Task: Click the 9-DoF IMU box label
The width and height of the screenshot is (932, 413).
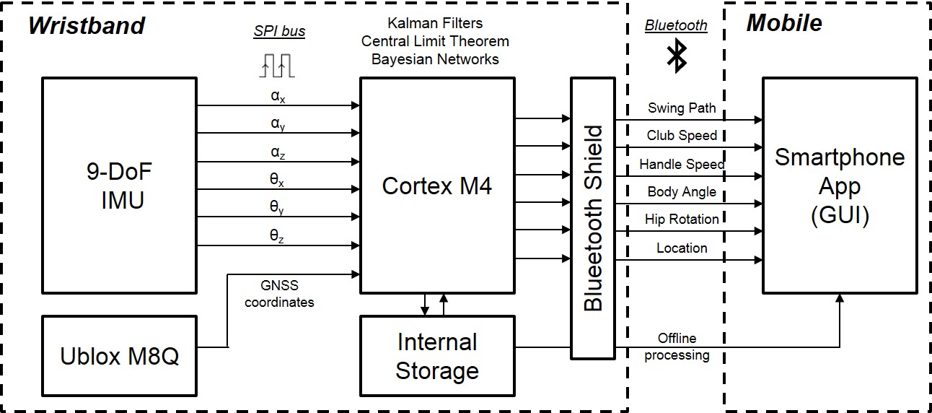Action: click(x=119, y=186)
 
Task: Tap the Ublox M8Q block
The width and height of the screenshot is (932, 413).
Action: click(x=119, y=356)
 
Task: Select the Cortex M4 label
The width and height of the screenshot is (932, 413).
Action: click(x=437, y=186)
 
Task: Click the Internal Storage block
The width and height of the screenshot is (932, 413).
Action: click(x=437, y=356)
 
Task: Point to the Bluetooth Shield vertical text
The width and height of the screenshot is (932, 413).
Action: click(x=593, y=218)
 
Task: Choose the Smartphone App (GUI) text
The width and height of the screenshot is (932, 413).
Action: click(x=840, y=186)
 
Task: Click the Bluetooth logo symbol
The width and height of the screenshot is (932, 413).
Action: click(x=676, y=56)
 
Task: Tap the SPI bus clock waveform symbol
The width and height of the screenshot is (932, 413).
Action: click(x=278, y=64)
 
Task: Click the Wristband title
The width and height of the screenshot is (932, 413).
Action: click(x=87, y=25)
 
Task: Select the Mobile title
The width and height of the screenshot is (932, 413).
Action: click(x=784, y=23)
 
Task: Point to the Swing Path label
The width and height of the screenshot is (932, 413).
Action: click(x=682, y=108)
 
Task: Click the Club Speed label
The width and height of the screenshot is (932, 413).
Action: click(x=682, y=136)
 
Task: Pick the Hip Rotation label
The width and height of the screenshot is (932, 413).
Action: click(x=682, y=219)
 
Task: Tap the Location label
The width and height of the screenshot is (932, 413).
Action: click(x=682, y=248)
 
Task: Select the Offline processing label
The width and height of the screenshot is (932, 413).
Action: click(x=677, y=347)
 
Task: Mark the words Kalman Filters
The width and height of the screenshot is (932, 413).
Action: click(x=435, y=24)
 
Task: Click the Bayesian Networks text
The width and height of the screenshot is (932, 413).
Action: click(x=435, y=59)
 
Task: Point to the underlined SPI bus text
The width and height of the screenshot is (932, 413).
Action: click(x=279, y=32)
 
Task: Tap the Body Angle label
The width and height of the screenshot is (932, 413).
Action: click(x=682, y=192)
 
